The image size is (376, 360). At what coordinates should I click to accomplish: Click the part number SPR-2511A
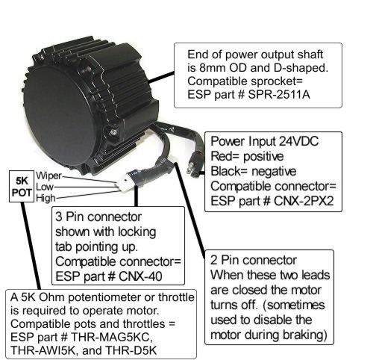click(279, 95)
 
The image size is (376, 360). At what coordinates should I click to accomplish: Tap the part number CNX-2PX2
click(304, 201)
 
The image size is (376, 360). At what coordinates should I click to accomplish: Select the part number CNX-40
click(140, 276)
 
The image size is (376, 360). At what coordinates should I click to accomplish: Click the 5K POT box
click(22, 187)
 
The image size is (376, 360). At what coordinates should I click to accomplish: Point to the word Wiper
click(48, 176)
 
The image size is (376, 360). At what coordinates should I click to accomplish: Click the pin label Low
click(45, 187)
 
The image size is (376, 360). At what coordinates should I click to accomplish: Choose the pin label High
click(46, 198)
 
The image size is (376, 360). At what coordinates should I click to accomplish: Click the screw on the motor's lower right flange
click(113, 131)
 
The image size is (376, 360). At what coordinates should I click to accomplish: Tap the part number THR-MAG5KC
click(111, 338)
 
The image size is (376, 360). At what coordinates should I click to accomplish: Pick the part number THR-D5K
click(131, 350)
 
